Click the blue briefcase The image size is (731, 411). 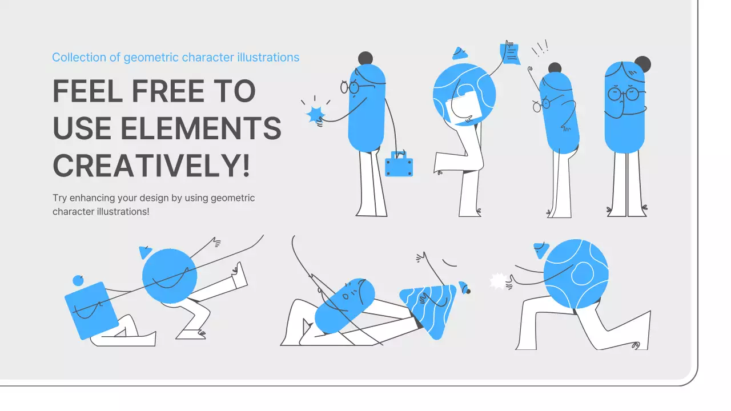[399, 165]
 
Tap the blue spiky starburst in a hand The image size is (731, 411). [315, 115]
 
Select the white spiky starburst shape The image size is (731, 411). [498, 281]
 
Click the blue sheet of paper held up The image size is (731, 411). [510, 54]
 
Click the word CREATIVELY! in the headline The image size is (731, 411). [151, 165]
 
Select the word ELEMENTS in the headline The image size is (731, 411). [200, 128]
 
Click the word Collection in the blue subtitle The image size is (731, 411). [79, 58]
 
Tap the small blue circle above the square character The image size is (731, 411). [78, 280]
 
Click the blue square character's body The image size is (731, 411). [91, 311]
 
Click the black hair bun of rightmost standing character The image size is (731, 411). [642, 65]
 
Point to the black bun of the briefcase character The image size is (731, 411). [365, 59]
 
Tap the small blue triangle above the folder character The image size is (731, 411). [460, 54]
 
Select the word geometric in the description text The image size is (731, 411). [232, 198]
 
